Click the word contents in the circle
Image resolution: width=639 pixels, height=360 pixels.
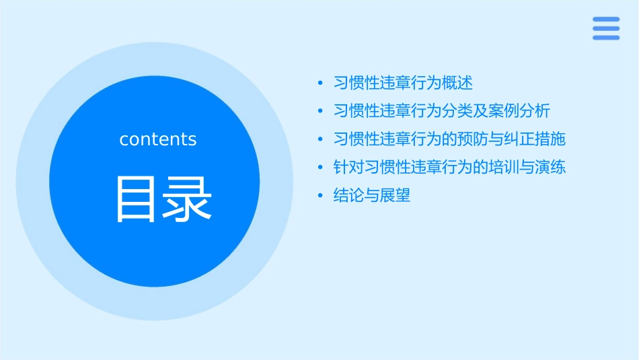tap(158, 139)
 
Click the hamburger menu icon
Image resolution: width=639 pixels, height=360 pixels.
tap(606, 28)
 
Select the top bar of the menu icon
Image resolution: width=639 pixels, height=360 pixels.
tap(606, 20)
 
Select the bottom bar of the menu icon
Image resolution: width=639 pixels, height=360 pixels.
tap(606, 38)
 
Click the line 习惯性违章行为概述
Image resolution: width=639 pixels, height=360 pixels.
tap(403, 83)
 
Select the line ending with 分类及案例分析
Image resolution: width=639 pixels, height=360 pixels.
tap(442, 110)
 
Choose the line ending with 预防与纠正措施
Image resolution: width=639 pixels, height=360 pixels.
tap(449, 139)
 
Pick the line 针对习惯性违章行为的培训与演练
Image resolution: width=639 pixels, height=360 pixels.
tap(449, 167)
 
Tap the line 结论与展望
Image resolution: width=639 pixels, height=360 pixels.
tap(372, 196)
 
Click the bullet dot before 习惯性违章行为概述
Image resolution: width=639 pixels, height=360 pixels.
tap(320, 83)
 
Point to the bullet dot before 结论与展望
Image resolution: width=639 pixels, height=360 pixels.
tap(320, 196)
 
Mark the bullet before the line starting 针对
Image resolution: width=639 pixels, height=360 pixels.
tap(320, 168)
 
